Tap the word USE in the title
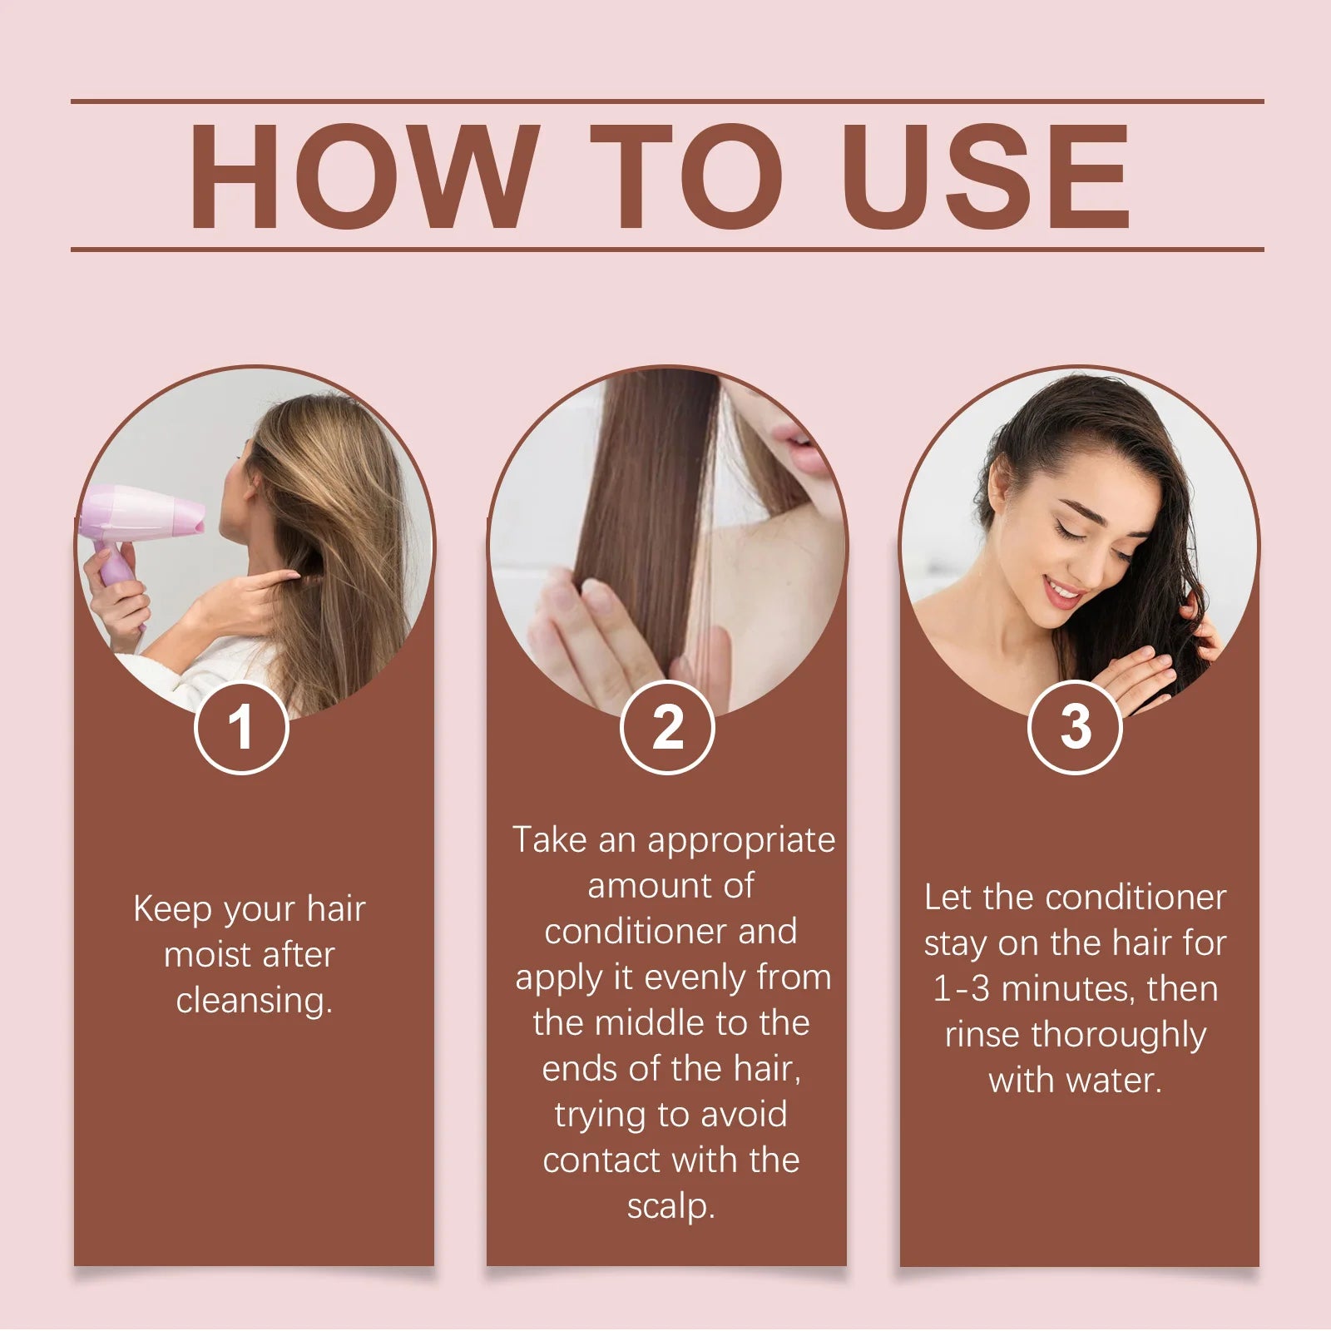[x=989, y=176]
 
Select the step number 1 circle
[x=241, y=727]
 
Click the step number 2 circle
[x=667, y=727]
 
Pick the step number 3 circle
[x=1075, y=727]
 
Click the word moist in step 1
[x=207, y=954]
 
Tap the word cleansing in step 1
[x=253, y=1000]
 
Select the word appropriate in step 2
[x=741, y=840]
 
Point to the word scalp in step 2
[x=670, y=1206]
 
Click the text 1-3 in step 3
[x=961, y=989]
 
